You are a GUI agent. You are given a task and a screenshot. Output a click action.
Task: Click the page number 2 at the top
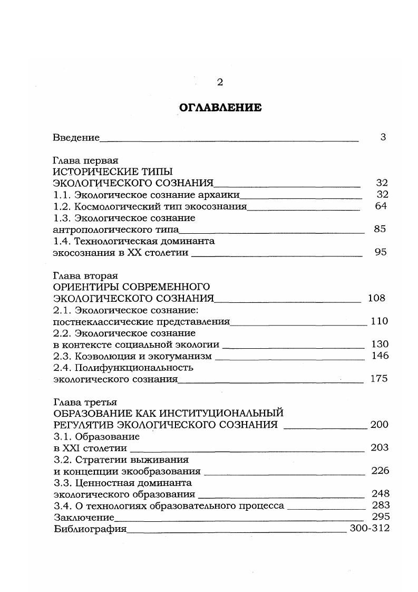[220, 82]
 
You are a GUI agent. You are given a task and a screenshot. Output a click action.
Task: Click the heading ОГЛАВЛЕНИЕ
[220, 108]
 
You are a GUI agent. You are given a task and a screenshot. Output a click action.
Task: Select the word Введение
[76, 138]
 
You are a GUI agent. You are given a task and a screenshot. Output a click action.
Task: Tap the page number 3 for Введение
[383, 137]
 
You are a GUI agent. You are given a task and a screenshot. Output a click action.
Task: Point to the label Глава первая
[85, 160]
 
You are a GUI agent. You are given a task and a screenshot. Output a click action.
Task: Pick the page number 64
[381, 206]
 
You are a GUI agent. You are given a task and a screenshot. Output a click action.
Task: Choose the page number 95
[381, 252]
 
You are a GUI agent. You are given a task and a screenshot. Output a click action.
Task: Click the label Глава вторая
[85, 275]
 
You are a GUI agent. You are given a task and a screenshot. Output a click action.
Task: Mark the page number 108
[376, 298]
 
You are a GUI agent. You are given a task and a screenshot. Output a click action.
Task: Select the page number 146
[380, 356]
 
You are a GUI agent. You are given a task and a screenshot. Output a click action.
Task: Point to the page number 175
[379, 379]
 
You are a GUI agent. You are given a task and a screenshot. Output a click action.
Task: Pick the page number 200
[379, 425]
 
